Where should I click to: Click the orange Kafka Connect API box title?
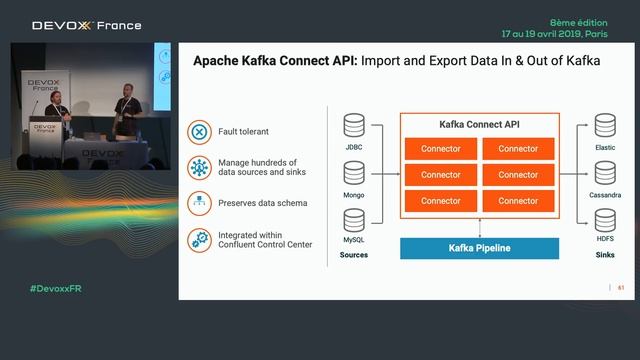click(x=479, y=125)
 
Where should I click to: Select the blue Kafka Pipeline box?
click(x=479, y=248)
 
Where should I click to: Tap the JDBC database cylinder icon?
click(x=353, y=125)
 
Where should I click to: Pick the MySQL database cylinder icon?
click(x=353, y=220)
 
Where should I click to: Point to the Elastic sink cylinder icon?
click(x=604, y=125)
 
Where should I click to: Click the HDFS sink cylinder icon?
click(x=604, y=220)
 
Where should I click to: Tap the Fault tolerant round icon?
click(x=199, y=131)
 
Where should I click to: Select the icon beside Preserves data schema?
click(x=199, y=203)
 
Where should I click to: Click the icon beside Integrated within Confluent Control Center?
click(x=199, y=239)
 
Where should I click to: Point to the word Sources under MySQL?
click(x=353, y=255)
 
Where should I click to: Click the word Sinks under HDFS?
click(x=604, y=255)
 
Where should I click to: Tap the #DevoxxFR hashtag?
click(x=57, y=288)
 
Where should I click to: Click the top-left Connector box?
click(x=440, y=149)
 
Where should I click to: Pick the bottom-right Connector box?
click(x=518, y=201)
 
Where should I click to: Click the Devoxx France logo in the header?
click(x=87, y=25)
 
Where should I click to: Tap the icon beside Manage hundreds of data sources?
click(x=199, y=167)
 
